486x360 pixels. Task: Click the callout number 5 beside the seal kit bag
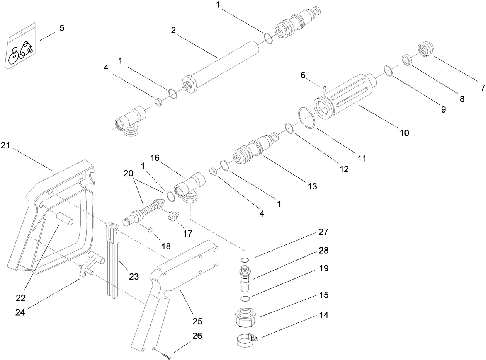[x=62, y=29]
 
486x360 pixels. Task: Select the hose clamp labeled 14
[x=246, y=341]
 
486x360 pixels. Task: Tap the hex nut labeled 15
[x=245, y=318]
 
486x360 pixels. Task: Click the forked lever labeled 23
[x=112, y=263]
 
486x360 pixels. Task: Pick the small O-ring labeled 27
[x=244, y=259]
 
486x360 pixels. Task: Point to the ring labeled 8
[x=406, y=60]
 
